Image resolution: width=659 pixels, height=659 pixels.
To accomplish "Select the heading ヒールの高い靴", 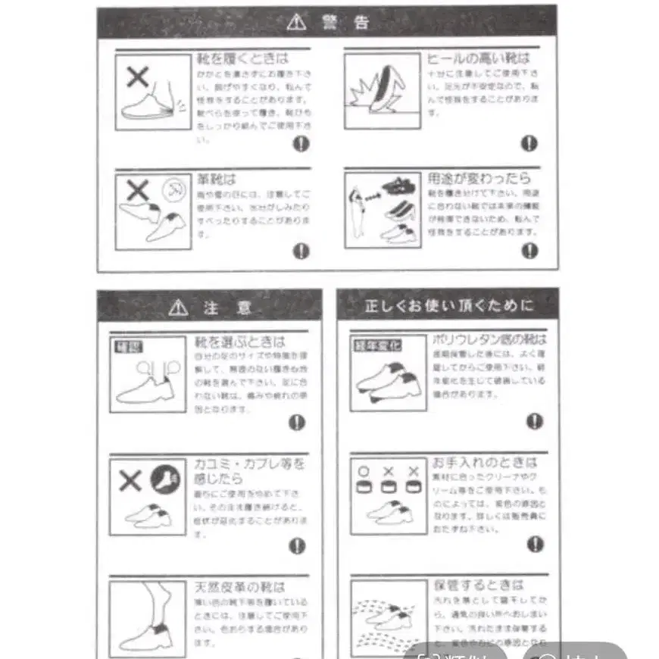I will pyautogui.click(x=478, y=58).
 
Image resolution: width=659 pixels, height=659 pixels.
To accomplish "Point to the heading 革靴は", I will pyautogui.click(x=217, y=180).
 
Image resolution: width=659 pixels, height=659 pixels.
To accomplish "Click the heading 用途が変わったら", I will pyautogui.click(x=479, y=179).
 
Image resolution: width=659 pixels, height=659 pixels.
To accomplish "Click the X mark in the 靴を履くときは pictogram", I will pyautogui.click(x=138, y=77).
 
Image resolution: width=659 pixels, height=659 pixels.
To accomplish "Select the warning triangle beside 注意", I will pyautogui.click(x=179, y=308).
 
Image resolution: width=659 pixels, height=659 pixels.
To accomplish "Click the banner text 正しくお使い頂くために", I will pyautogui.click(x=448, y=306).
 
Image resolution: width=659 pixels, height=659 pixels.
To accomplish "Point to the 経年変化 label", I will pyautogui.click(x=378, y=345).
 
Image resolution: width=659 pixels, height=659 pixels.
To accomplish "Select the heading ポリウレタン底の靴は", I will pyautogui.click(x=489, y=339).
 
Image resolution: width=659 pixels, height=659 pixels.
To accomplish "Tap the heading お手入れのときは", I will pyautogui.click(x=485, y=462).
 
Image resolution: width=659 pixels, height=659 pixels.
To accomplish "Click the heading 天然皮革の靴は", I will pyautogui.click(x=230, y=587).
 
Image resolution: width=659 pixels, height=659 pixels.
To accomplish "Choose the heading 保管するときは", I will pyautogui.click(x=478, y=585).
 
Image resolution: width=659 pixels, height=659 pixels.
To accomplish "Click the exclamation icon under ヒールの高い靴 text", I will pyautogui.click(x=529, y=142).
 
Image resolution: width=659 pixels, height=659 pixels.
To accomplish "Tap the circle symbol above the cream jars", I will pyautogui.click(x=364, y=471).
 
